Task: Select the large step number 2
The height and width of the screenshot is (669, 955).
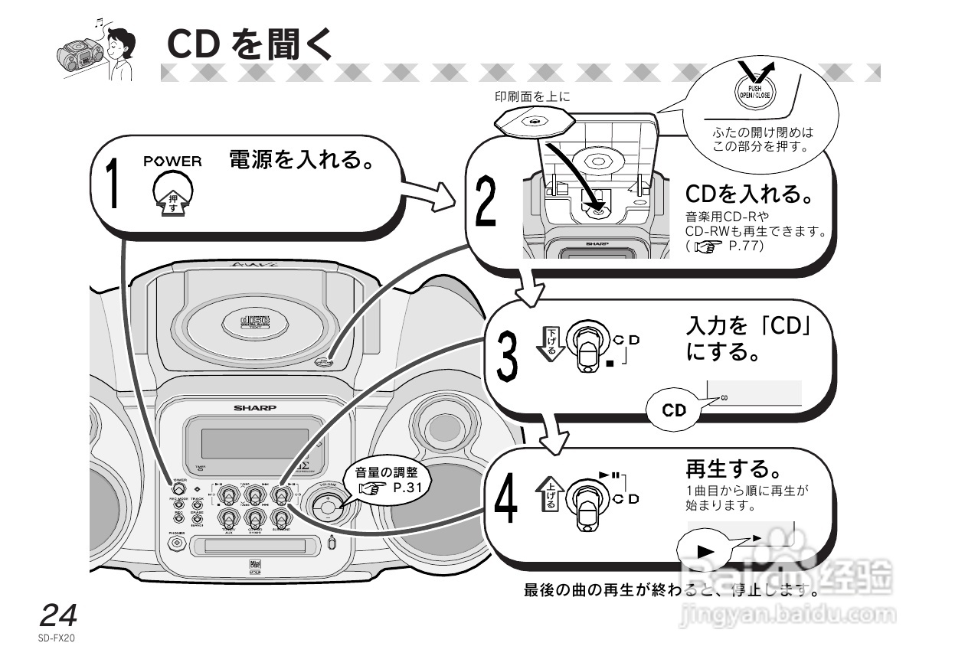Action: point(485,203)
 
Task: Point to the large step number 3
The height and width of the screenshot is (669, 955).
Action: point(508,357)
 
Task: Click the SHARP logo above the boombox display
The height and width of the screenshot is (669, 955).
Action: point(255,408)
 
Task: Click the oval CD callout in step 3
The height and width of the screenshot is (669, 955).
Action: point(675,410)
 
